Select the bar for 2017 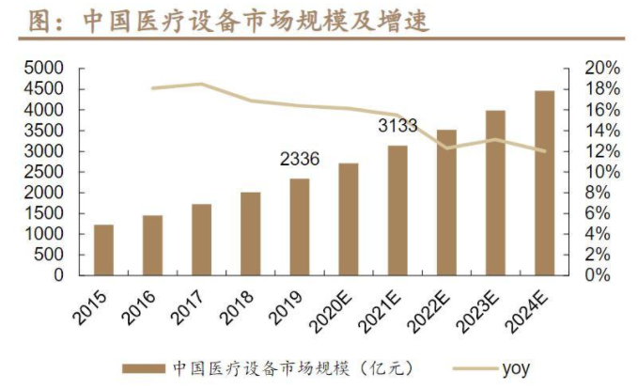pyautogui.click(x=201, y=240)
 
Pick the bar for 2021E pyautogui.click(x=397, y=210)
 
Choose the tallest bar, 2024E pyautogui.click(x=544, y=182)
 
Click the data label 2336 pyautogui.click(x=300, y=160)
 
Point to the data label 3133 pyautogui.click(x=398, y=126)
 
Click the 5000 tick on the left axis pyautogui.click(x=43, y=69)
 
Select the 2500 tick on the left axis pyautogui.click(x=43, y=172)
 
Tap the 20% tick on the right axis pyautogui.click(x=600, y=69)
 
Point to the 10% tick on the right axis pyautogui.click(x=600, y=172)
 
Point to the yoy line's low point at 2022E pyautogui.click(x=446, y=148)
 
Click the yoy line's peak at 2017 pyautogui.click(x=201, y=84)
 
